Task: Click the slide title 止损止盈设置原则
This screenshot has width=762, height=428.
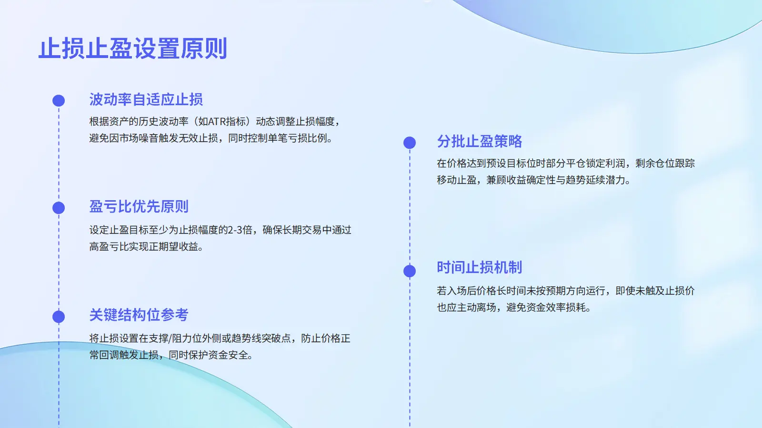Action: (133, 49)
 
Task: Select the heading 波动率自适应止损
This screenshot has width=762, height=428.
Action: (146, 99)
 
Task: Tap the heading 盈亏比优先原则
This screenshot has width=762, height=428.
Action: (139, 206)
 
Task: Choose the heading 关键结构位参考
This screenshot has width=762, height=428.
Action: (139, 315)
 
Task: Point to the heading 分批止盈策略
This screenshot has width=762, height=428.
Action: (479, 141)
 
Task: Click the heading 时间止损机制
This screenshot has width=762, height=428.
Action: (479, 267)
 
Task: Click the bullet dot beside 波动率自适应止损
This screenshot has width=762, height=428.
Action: (59, 100)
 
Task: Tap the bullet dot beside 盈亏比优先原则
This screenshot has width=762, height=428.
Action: (59, 208)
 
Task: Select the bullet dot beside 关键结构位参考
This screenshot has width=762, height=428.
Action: (59, 317)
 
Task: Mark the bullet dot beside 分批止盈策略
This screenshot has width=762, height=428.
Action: (410, 143)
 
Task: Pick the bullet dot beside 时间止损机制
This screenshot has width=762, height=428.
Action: (410, 271)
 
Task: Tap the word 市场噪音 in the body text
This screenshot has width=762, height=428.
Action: (139, 138)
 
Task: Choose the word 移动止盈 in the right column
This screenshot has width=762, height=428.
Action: (457, 180)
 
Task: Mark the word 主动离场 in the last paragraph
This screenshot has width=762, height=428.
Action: (476, 308)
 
